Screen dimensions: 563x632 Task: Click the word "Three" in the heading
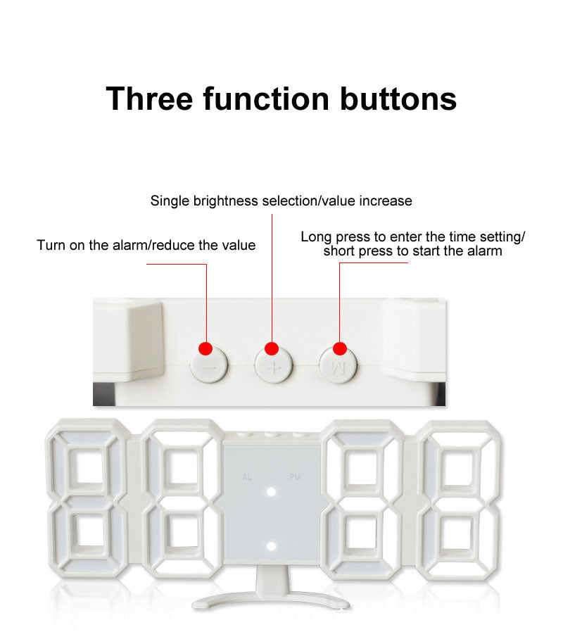(x=149, y=99)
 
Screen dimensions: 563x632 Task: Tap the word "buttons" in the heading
(x=398, y=99)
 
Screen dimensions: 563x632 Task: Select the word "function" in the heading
(x=267, y=99)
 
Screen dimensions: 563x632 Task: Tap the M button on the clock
(x=338, y=365)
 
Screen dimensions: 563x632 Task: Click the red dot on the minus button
(x=205, y=348)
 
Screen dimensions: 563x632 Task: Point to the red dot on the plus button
(x=272, y=348)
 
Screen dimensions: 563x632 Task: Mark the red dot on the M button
(x=340, y=348)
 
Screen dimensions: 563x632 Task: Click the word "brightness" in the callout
(x=226, y=201)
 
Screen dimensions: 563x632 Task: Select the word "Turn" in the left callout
(x=51, y=245)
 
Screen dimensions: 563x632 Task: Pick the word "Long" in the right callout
(x=317, y=237)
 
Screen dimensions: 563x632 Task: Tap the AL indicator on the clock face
(x=248, y=477)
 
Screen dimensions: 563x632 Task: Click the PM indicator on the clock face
(x=295, y=477)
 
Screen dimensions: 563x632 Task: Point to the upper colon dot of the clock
(x=271, y=492)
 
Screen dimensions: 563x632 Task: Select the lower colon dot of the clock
(x=271, y=546)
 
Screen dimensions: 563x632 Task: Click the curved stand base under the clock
(x=271, y=600)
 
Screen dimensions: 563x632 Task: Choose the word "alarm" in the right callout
(x=485, y=251)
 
